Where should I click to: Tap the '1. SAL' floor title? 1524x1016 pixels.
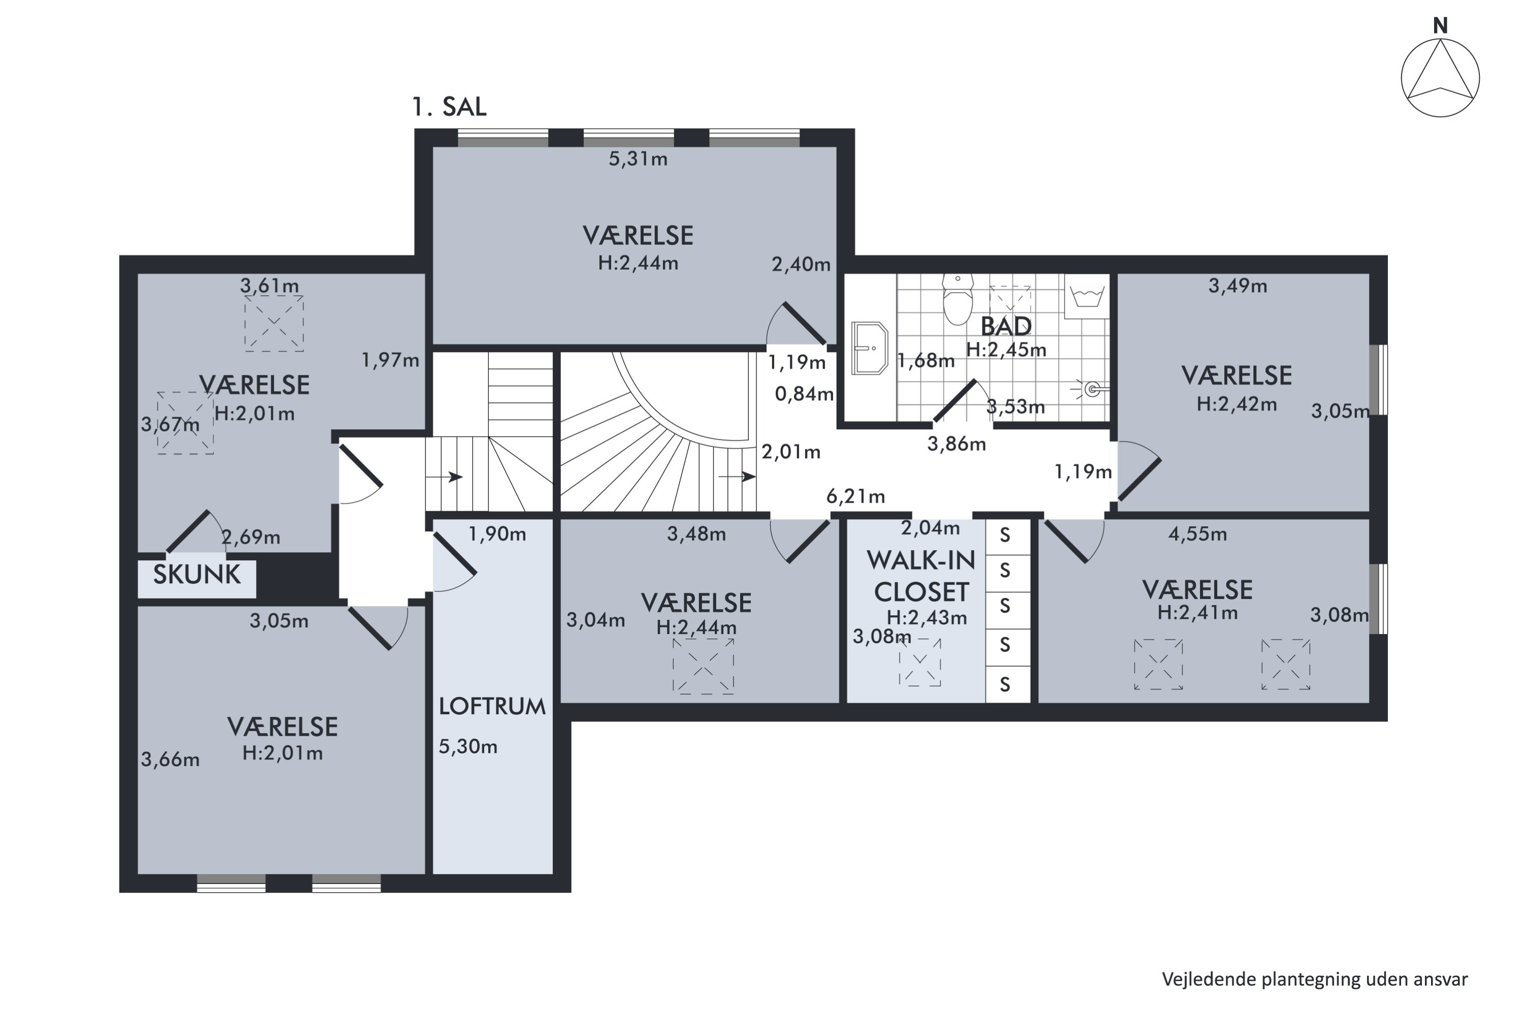(449, 107)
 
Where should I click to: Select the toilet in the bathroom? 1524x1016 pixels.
(958, 299)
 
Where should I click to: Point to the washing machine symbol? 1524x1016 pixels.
(1087, 296)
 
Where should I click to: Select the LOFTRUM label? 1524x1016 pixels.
(492, 706)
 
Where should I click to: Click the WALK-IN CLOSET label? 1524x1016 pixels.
(920, 576)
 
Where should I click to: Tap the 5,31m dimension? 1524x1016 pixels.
(638, 158)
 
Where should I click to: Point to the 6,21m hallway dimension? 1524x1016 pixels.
(855, 496)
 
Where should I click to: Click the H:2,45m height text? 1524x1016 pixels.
(1006, 350)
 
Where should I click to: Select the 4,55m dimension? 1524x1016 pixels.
(1197, 534)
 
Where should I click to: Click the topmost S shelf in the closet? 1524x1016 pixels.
(1005, 535)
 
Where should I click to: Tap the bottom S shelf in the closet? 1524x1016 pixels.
(1005, 684)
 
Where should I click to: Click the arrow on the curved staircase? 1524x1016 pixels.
(738, 477)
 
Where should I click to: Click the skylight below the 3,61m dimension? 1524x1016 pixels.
(274, 323)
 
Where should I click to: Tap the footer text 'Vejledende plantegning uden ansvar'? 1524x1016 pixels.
(1315, 980)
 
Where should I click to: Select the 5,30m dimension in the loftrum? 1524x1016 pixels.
(468, 746)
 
